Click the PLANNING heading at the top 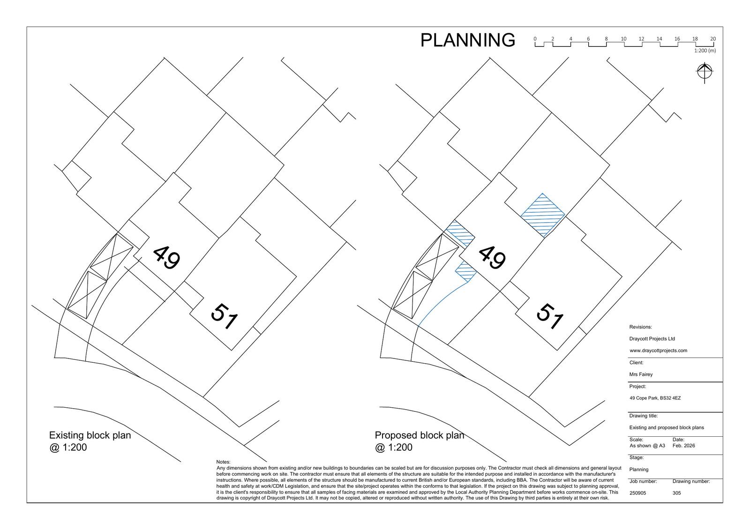pyautogui.click(x=467, y=40)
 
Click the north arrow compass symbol pyautogui.click(x=705, y=72)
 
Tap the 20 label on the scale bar pyautogui.click(x=713, y=39)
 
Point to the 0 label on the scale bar pyautogui.click(x=535, y=39)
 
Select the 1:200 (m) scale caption pyautogui.click(x=705, y=51)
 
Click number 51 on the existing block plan pyautogui.click(x=225, y=316)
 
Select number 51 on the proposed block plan pyautogui.click(x=550, y=316)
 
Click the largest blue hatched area pyautogui.click(x=543, y=215)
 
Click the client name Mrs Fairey pyautogui.click(x=641, y=374)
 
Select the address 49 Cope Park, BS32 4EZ pyautogui.click(x=655, y=398)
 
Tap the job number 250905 pyautogui.click(x=638, y=493)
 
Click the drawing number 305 pyautogui.click(x=677, y=493)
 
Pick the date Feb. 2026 pyautogui.click(x=684, y=446)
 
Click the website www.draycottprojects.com pyautogui.click(x=658, y=351)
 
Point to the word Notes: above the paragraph pyautogui.click(x=223, y=462)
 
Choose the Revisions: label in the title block pyautogui.click(x=640, y=327)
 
